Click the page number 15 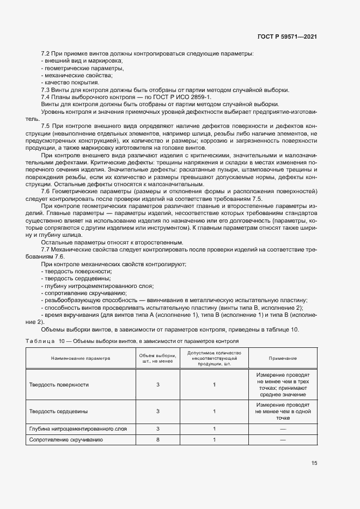pyautogui.click(x=314, y=463)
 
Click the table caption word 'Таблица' pyautogui.click(x=38, y=341)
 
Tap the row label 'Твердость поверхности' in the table pyautogui.click(x=59, y=385)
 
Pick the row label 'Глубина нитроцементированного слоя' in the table pyautogui.click(x=78, y=430)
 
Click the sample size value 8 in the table pyautogui.click(x=158, y=440)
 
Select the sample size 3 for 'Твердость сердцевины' pyautogui.click(x=158, y=412)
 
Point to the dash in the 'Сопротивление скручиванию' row pyautogui.click(x=283, y=440)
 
